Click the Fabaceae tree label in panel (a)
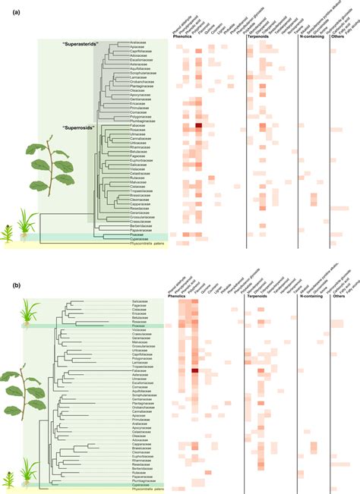pos(139,124)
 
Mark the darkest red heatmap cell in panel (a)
pos(199,125)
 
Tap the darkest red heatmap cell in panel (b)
pos(195,371)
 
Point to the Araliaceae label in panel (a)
pos(138,42)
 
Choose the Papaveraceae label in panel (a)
pos(138,230)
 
